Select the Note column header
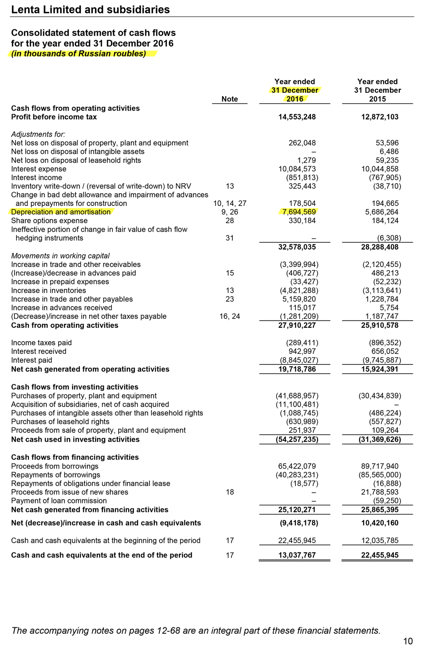[x=229, y=99]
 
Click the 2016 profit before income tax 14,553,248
[x=297, y=117]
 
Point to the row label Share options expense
[x=49, y=221]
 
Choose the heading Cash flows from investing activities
[x=75, y=387]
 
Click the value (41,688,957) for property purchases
[x=297, y=396]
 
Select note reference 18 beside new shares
[x=229, y=492]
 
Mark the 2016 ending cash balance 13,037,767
[x=297, y=555]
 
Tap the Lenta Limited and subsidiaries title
[x=90, y=10]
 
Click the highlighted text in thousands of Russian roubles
[x=79, y=54]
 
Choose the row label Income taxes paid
[x=41, y=343]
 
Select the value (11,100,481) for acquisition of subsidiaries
[x=297, y=405]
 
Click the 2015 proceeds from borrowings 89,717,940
[x=380, y=466]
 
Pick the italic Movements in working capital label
[x=60, y=256]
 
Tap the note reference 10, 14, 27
[x=229, y=203]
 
